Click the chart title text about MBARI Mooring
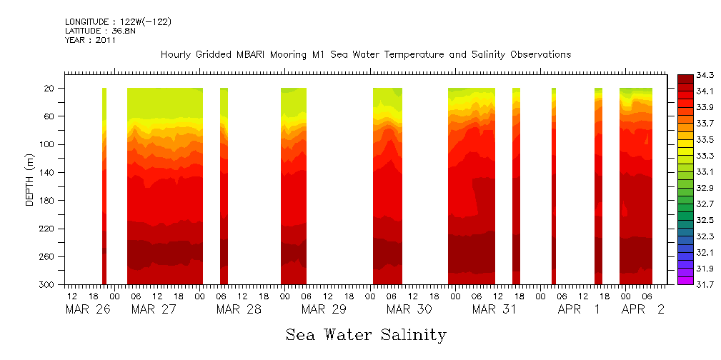pyautogui.click(x=365, y=55)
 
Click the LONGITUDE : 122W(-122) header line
pyautogui.click(x=118, y=22)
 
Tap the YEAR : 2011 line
pyautogui.click(x=90, y=41)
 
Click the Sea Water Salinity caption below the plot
pyautogui.click(x=366, y=334)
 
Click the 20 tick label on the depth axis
pyautogui.click(x=50, y=88)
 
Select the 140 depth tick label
pyautogui.click(x=47, y=172)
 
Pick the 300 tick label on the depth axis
pyautogui.click(x=47, y=285)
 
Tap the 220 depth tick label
pyautogui.click(x=47, y=229)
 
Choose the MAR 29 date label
pyautogui.click(x=324, y=309)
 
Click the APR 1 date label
pyautogui.click(x=579, y=309)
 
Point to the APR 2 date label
pyautogui.click(x=642, y=309)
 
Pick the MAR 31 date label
pyautogui.click(x=494, y=309)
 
